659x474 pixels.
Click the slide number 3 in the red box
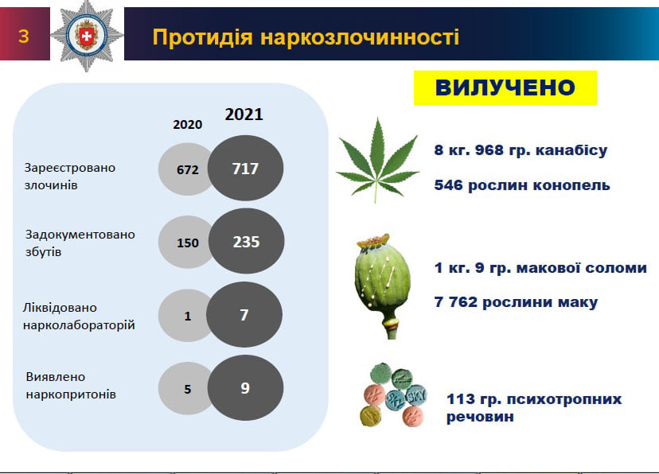point(24,36)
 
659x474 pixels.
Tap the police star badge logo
point(87,36)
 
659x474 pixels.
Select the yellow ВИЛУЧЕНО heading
point(505,87)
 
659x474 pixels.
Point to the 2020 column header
point(188,124)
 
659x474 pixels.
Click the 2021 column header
point(244,115)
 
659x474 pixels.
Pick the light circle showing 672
point(185,169)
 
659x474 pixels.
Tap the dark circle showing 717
point(245,168)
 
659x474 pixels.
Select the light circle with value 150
point(185,243)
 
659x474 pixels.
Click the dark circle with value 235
point(246,242)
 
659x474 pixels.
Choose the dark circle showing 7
point(244,314)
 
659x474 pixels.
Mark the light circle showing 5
point(185,389)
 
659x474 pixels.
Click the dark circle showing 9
point(245,388)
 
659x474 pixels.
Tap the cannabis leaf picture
point(377,161)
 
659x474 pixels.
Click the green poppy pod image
point(383,286)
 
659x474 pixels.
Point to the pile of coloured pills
point(394,395)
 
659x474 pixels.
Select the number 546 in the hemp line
point(448,185)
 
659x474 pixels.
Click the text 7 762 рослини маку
point(516,302)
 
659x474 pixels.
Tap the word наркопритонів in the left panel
point(71,394)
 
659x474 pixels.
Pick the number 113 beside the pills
point(460,399)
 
